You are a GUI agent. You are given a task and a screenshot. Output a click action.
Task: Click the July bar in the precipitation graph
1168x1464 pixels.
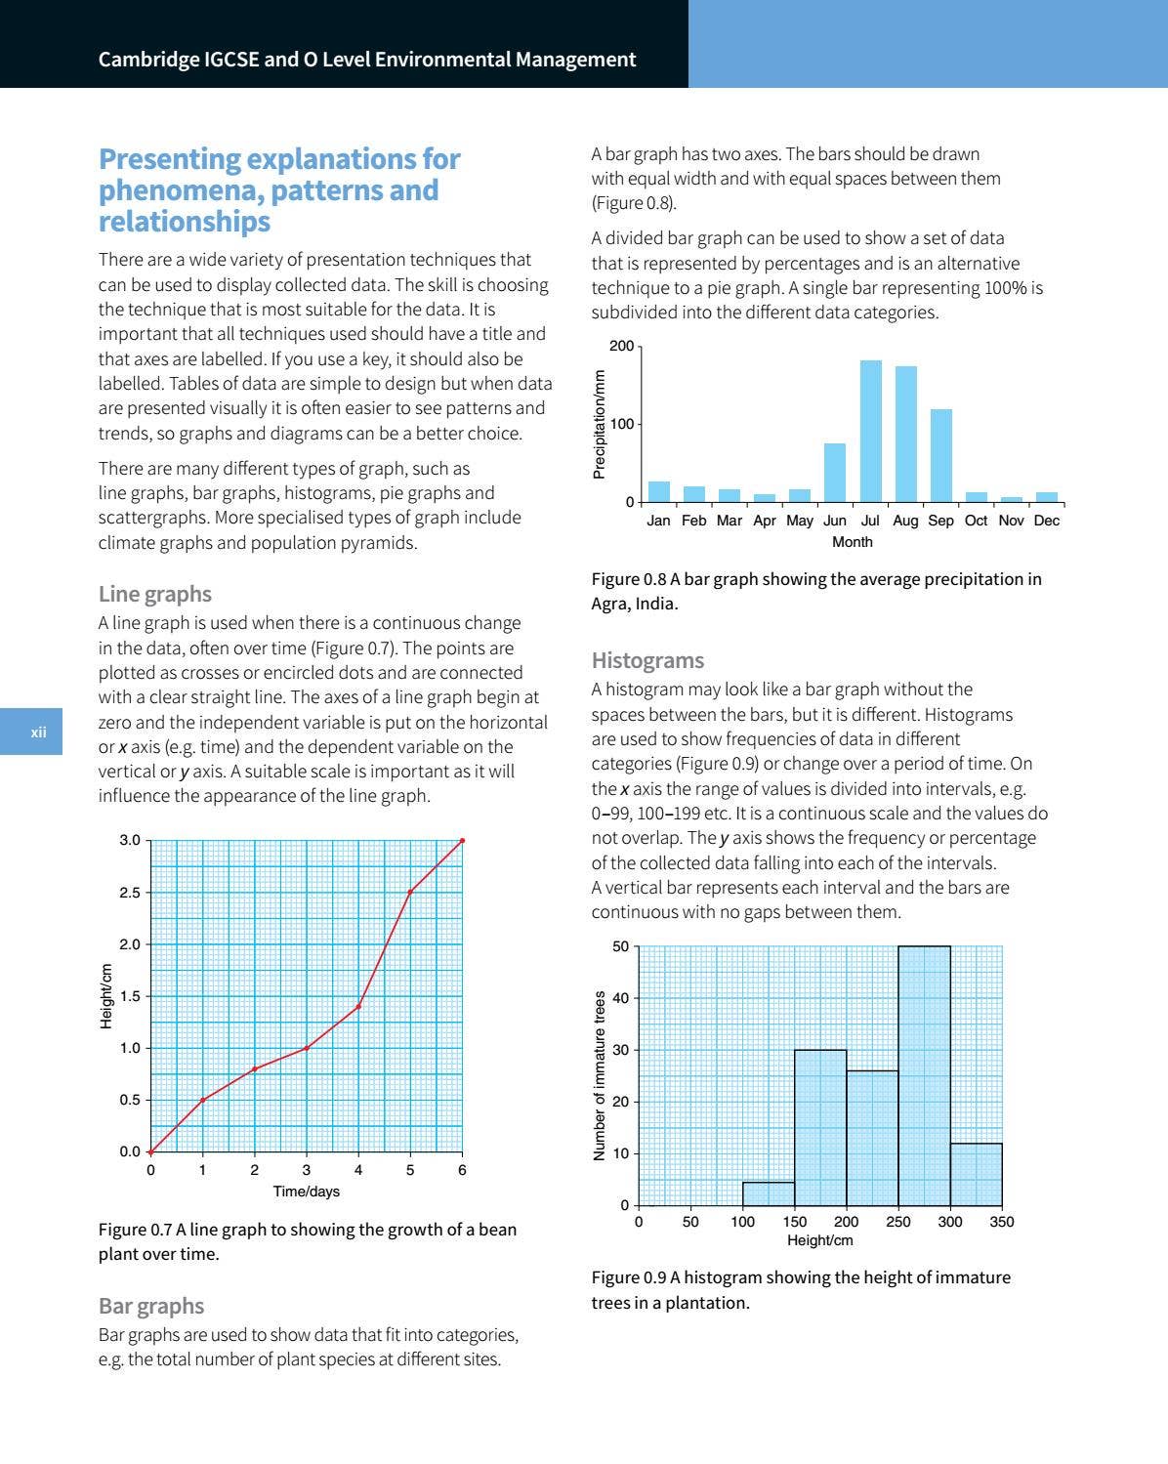tap(870, 431)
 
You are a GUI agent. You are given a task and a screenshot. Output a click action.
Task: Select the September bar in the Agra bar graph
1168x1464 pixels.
tap(940, 455)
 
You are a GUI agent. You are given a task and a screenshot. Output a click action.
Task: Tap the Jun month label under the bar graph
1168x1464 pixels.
tap(835, 521)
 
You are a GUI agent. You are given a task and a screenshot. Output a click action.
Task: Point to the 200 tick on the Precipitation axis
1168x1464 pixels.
tap(621, 347)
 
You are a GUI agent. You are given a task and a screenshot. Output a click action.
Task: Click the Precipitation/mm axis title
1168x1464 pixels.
tap(600, 424)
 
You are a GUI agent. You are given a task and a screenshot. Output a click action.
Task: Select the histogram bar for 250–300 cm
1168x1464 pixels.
tap(924, 1075)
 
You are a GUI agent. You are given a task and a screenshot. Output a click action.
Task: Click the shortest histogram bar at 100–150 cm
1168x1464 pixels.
tap(769, 1193)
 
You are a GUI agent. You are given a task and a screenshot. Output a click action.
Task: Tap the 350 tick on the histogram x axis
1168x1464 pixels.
tap(1001, 1222)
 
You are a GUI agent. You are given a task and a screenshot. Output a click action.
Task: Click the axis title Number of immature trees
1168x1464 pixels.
tap(600, 1075)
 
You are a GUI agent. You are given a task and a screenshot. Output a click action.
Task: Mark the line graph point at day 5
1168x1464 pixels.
tap(410, 892)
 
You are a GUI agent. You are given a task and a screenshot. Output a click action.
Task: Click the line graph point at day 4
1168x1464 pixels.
tap(358, 1006)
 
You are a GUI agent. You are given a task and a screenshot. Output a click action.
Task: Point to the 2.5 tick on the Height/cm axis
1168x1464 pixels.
tap(130, 893)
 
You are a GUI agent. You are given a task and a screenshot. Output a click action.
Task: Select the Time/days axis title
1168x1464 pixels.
tap(307, 1192)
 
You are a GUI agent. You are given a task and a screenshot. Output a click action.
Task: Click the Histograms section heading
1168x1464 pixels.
tap(647, 661)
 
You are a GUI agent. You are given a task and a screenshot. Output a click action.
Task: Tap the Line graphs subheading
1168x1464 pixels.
tap(154, 594)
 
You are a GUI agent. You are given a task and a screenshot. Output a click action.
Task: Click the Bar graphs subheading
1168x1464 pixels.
tap(151, 1306)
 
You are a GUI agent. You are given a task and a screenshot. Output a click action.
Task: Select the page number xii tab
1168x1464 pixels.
tap(37, 732)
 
